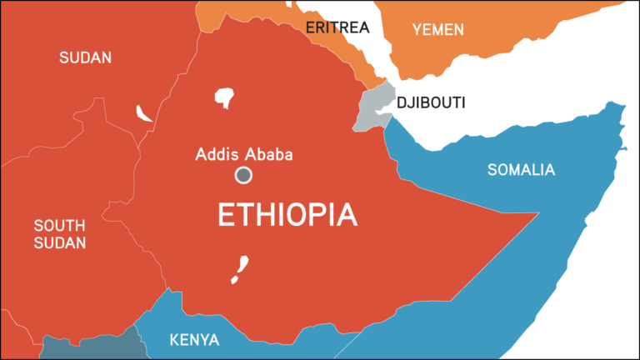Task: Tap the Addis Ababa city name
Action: [x=244, y=154]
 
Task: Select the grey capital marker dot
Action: [x=243, y=175]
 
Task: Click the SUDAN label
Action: [x=85, y=57]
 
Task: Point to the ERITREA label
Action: [x=337, y=27]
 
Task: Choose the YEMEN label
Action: [x=438, y=30]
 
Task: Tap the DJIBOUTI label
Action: [x=431, y=102]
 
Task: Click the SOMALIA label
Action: [x=521, y=170]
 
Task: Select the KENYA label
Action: [x=194, y=340]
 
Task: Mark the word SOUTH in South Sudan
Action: [x=59, y=225]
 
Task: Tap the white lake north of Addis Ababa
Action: [x=225, y=97]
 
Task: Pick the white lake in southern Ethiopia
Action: [x=240, y=268]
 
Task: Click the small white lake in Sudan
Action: [x=143, y=114]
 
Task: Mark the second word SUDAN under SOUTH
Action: [x=59, y=243]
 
